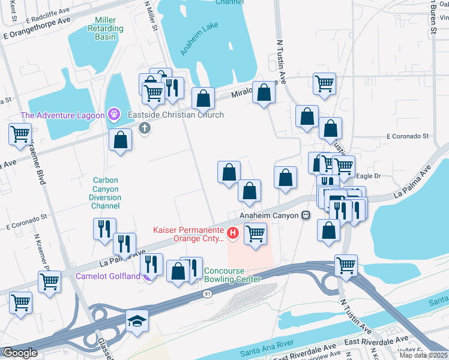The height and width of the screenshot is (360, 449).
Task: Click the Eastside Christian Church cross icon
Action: point(144,127)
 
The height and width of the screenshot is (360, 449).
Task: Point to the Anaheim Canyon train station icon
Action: point(306,215)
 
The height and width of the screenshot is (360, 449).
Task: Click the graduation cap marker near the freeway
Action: point(137,322)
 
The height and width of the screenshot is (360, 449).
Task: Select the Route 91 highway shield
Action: point(207,293)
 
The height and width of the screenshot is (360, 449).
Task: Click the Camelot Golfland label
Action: point(108,277)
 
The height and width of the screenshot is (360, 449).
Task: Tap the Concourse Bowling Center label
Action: point(232,275)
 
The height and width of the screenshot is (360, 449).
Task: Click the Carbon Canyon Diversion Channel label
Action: point(105,193)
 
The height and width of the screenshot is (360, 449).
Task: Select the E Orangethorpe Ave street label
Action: point(35,37)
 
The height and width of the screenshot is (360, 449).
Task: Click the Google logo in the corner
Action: point(19,353)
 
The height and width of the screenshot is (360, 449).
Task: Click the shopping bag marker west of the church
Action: point(121,140)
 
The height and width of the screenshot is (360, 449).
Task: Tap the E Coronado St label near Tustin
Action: point(408,136)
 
